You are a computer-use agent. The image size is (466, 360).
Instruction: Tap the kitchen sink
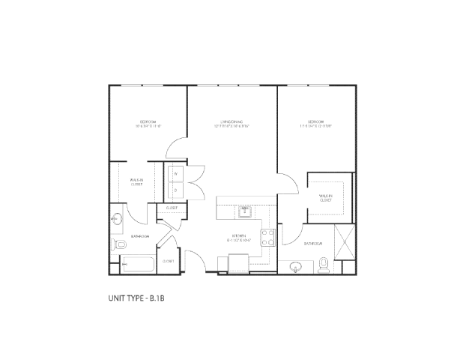pos(245,212)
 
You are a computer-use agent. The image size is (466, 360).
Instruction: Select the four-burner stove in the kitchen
pos(267,238)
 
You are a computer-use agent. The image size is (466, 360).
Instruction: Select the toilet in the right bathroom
pos(324,263)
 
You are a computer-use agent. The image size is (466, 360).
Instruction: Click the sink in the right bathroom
pos(296,265)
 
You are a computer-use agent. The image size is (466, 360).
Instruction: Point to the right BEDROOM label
pos(315,121)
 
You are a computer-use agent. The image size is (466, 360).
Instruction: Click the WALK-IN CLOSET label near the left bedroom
pos(136,182)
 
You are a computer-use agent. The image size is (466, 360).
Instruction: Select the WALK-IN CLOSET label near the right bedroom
pos(326,199)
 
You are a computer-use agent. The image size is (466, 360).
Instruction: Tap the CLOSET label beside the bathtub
pos(168,261)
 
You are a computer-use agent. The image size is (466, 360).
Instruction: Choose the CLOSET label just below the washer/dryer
pos(172,208)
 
